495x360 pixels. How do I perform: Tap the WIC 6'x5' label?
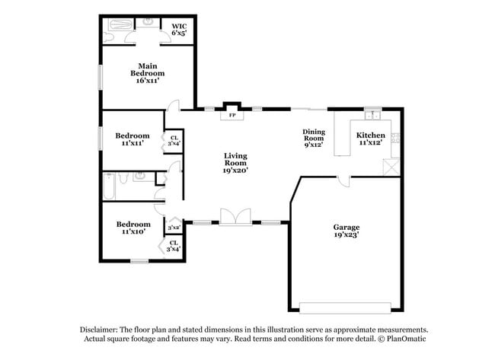click(179, 29)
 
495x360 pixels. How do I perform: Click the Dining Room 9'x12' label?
click(314, 136)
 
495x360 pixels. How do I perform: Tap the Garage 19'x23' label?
click(346, 231)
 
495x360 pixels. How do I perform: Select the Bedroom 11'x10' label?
click(133, 228)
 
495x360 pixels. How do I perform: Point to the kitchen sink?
click(372, 116)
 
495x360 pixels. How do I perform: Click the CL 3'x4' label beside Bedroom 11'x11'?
click(174, 141)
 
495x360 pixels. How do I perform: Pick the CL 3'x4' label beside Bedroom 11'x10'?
click(174, 246)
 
